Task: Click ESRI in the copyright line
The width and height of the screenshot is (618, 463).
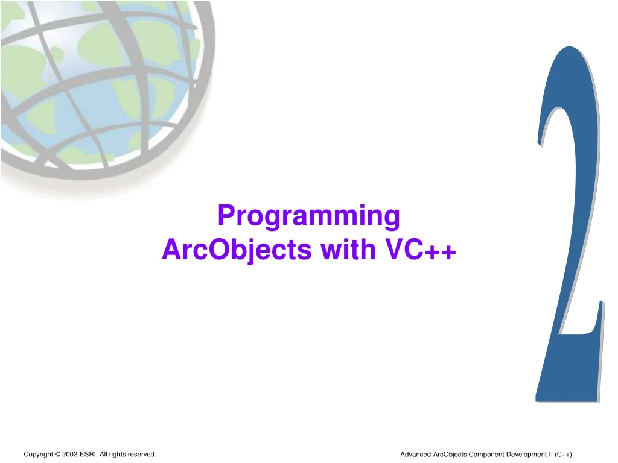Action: pos(88,454)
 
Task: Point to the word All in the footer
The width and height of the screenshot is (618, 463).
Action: pos(104,454)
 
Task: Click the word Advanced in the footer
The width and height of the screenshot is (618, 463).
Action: pos(416,454)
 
